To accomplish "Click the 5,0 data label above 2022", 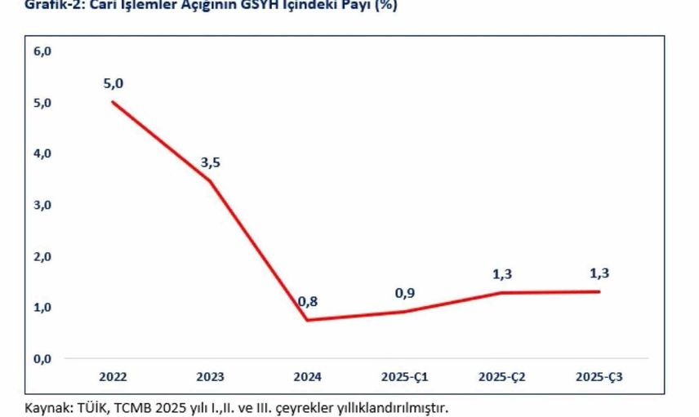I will [x=113, y=83].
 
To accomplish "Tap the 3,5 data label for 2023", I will [x=211, y=162].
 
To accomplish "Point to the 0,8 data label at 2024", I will [x=308, y=301].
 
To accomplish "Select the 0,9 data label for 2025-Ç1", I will [x=405, y=293].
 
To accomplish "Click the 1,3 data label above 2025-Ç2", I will [x=502, y=273].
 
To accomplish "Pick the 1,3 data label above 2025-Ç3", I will [x=599, y=273].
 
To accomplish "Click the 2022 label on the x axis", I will [x=113, y=377].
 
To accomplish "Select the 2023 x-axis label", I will [x=211, y=377].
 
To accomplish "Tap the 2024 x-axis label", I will [x=308, y=377].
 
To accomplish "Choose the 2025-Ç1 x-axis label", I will [x=405, y=377].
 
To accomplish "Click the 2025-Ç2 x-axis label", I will [x=502, y=377].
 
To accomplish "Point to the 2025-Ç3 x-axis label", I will [x=599, y=377].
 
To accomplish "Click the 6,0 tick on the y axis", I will [x=42, y=51].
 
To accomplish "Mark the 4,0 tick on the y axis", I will [x=42, y=153].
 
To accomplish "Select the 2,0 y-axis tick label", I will [x=42, y=256].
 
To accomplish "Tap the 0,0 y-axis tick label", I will [x=42, y=358].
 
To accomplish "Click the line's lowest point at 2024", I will [x=308, y=319].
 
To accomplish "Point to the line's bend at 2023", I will [x=211, y=180].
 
